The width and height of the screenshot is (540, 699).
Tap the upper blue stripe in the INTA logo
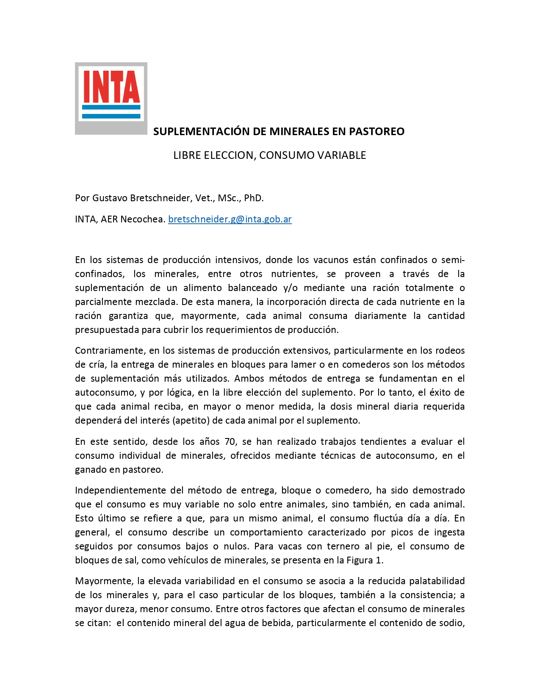tap(111, 108)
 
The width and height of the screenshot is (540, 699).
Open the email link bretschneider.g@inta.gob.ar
tap(230, 219)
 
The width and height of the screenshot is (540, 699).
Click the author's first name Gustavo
tap(110, 198)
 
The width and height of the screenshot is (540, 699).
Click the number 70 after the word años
tap(230, 442)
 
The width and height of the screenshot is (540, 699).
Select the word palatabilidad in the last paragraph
tap(431, 581)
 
